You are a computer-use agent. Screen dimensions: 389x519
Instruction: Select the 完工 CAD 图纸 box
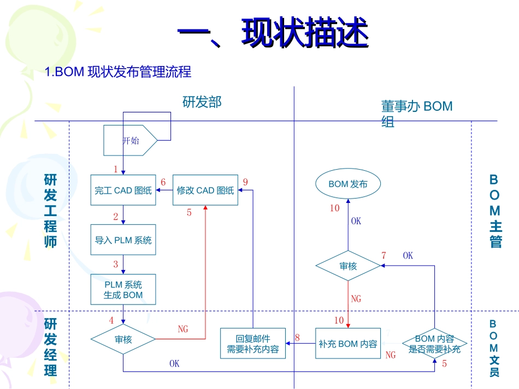(x=123, y=190)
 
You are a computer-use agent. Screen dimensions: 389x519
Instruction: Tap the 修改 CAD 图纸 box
(x=205, y=190)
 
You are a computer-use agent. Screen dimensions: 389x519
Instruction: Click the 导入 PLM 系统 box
(x=123, y=240)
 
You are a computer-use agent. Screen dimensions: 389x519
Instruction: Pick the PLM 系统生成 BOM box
(x=123, y=290)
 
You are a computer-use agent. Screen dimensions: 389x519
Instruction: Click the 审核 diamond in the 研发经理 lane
(x=123, y=339)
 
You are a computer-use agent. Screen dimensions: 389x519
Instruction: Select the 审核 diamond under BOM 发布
(x=348, y=266)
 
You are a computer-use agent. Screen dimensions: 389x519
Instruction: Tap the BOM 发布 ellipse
(x=348, y=184)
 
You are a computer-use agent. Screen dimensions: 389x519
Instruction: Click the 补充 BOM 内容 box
(x=348, y=344)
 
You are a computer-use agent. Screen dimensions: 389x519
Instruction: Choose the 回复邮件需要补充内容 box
(x=253, y=344)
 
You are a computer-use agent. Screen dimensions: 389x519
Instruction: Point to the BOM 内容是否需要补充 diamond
(x=435, y=344)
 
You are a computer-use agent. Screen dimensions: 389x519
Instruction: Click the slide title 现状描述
(x=273, y=34)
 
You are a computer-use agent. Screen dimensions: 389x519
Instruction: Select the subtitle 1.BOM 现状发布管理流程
(x=118, y=72)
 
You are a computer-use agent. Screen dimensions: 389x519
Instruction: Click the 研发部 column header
(x=202, y=102)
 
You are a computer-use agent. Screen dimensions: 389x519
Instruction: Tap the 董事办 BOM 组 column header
(x=416, y=113)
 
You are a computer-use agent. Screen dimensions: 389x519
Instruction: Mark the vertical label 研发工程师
(x=50, y=211)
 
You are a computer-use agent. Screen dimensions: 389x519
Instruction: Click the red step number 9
(x=245, y=182)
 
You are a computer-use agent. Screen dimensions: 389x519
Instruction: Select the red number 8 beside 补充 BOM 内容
(x=297, y=338)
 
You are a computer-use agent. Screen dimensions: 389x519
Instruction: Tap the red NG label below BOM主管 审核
(x=356, y=299)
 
